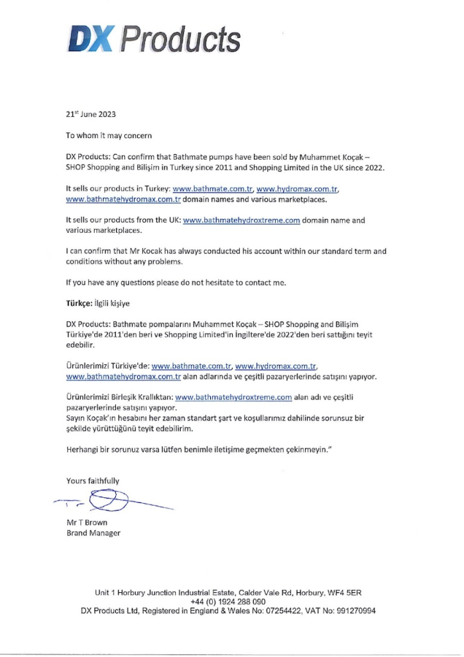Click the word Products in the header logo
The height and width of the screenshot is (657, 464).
181,40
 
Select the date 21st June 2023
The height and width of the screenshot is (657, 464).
92,114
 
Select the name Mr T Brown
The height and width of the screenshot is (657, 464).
87,522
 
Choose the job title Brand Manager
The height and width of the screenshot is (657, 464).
94,533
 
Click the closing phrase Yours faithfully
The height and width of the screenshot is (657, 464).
93,481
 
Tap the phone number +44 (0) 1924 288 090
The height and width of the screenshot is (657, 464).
228,602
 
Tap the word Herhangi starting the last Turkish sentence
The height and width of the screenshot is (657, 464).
83,449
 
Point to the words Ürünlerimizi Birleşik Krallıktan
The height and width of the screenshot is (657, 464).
119,397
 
